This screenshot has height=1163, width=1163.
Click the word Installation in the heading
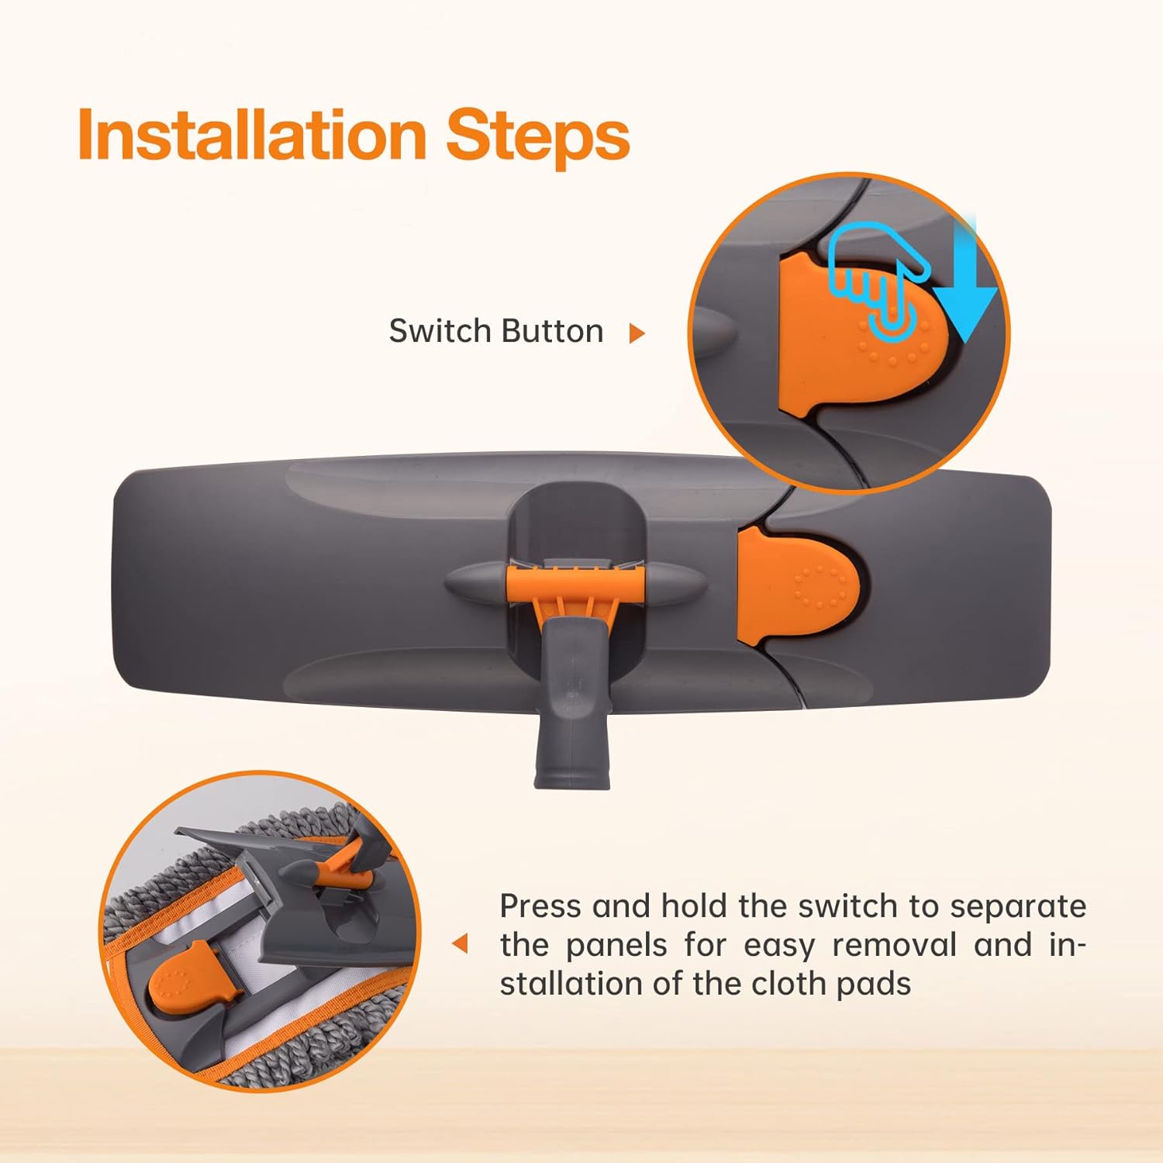(x=253, y=135)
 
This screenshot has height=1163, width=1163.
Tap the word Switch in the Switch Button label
(x=438, y=331)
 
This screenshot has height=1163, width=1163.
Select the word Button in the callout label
(x=550, y=331)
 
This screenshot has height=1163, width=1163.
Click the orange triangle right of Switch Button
(x=637, y=333)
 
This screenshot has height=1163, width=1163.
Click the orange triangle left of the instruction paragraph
(x=461, y=944)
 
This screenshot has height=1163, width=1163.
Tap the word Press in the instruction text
(x=540, y=906)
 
